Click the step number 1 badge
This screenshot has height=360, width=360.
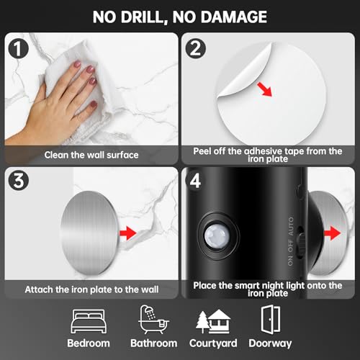pos(17,48)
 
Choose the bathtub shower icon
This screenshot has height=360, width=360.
pos(152,318)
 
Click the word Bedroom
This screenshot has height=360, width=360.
pos(89,343)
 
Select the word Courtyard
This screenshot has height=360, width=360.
pos(213,343)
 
